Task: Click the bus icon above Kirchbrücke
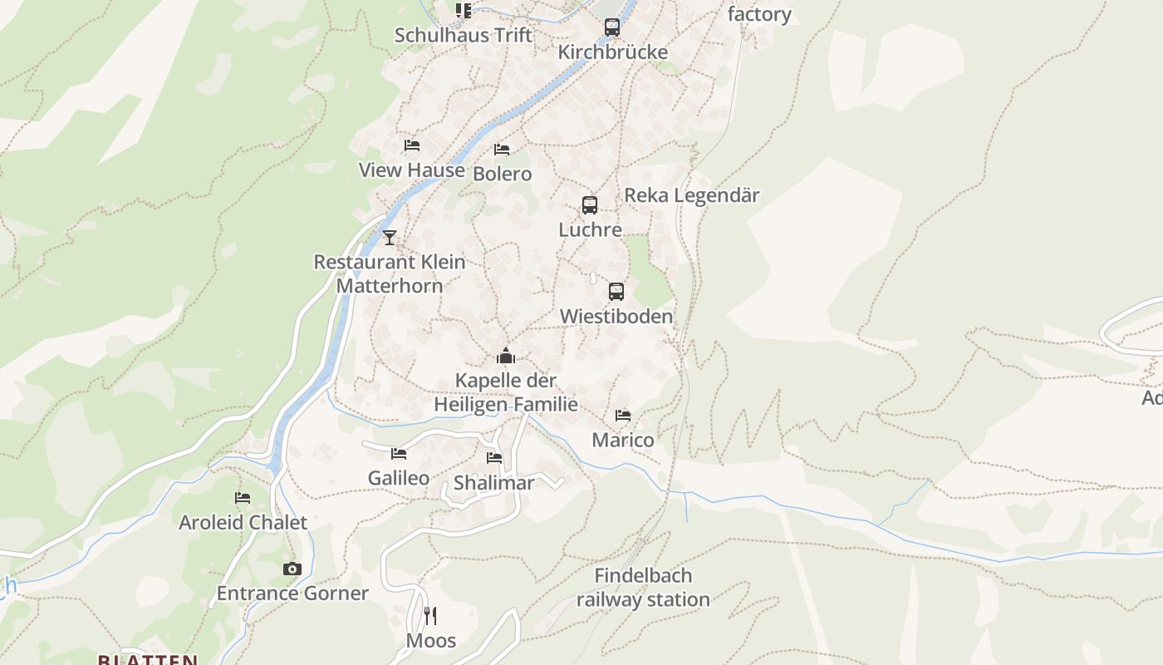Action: [x=612, y=27]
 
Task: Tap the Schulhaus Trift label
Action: [x=463, y=35]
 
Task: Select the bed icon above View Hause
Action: [x=412, y=145]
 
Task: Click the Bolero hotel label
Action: [x=502, y=174]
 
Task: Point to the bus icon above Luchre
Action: [x=590, y=204]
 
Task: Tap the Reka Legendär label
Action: [x=691, y=195]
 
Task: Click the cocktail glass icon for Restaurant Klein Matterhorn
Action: [x=390, y=238]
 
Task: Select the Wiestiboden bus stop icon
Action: [x=616, y=292]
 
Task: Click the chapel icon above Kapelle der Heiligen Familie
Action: [x=506, y=357]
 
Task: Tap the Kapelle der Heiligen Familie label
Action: [x=506, y=392]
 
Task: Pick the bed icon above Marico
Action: [x=623, y=416]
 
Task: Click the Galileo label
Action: [x=399, y=478]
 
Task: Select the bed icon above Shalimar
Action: [x=494, y=458]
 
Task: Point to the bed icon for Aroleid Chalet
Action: [x=243, y=498]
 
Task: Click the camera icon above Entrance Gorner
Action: [x=292, y=569]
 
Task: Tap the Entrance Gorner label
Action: [x=292, y=594]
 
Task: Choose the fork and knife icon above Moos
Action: [x=430, y=616]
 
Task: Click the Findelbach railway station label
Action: [x=643, y=588]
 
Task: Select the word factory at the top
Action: [x=759, y=14]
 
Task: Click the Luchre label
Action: [x=590, y=229]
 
